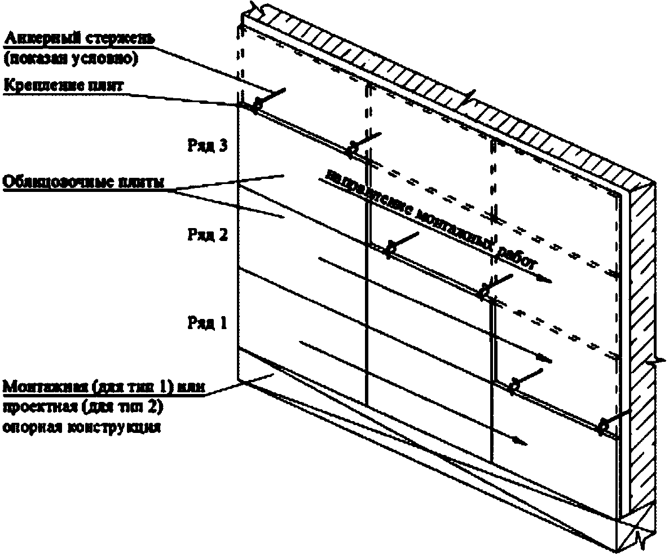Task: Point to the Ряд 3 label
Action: [207, 146]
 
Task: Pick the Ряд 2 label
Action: [207, 235]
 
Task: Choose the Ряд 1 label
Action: [207, 323]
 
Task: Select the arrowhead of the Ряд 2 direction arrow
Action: [545, 359]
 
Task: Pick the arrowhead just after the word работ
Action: [545, 279]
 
